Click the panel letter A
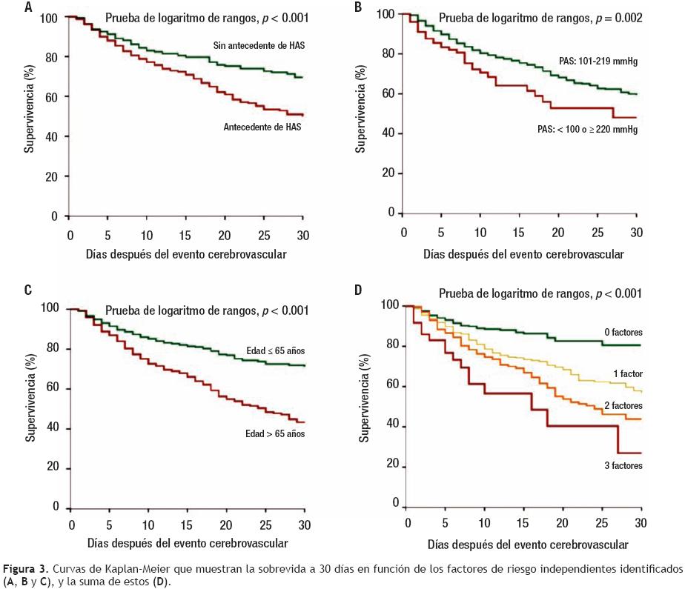coord(29,9)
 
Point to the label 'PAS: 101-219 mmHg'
coord(598,62)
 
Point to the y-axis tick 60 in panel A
coord(53,97)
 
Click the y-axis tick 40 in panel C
coord(53,430)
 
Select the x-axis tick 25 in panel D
coord(601,523)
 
